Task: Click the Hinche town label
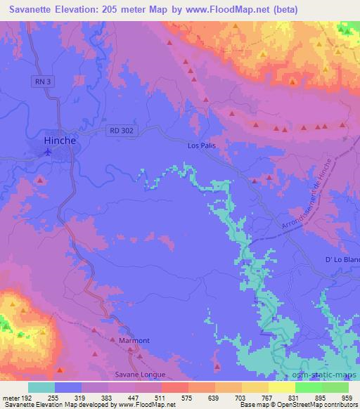click(60, 140)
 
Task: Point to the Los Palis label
click(200, 145)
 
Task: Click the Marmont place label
click(134, 341)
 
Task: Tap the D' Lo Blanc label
click(342, 259)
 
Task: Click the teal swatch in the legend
click(41, 387)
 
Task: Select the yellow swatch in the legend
click(282, 387)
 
